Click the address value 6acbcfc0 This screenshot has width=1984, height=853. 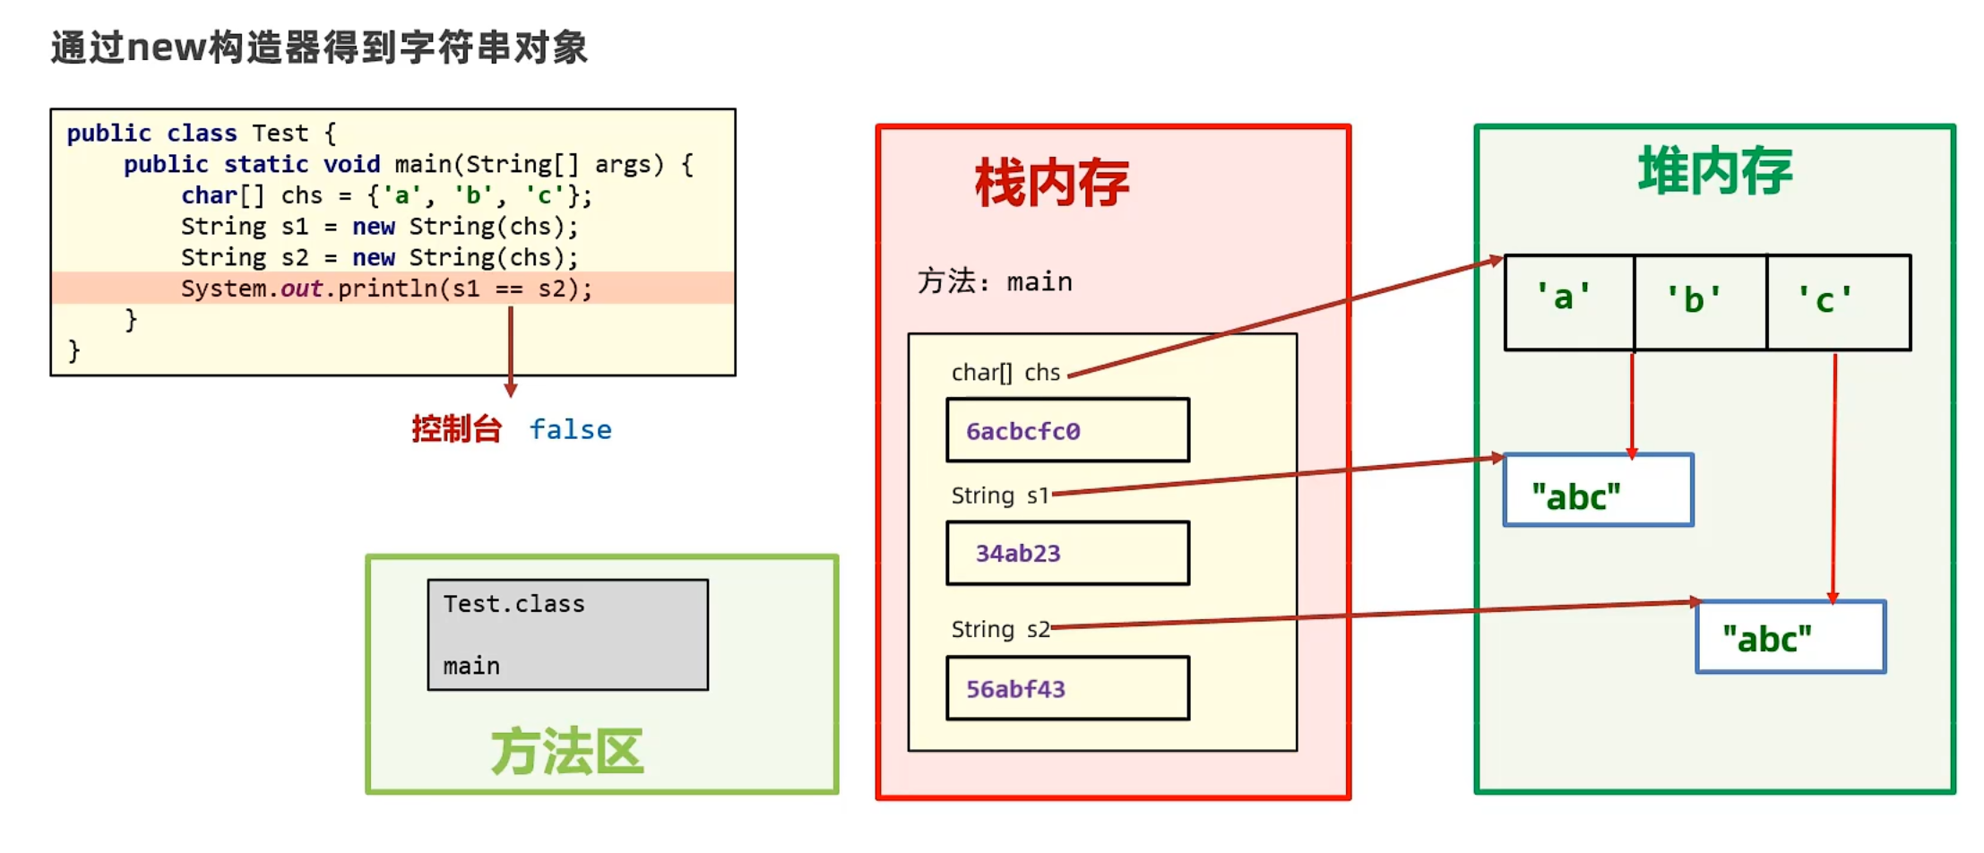point(1022,431)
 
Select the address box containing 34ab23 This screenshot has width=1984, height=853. point(1067,553)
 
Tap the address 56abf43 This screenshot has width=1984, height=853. point(1015,689)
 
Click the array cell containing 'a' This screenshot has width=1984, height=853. point(1567,302)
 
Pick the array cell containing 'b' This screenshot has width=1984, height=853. point(1699,302)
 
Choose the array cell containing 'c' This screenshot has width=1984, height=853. point(1836,302)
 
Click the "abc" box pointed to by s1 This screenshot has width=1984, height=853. point(1598,490)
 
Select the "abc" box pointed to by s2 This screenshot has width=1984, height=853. point(1790,637)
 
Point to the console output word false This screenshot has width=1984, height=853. point(570,430)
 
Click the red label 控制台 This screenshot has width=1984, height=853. point(456,429)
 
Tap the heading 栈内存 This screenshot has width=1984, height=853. point(1051,184)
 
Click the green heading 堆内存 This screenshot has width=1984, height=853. point(1714,170)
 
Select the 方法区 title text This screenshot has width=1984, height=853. point(566,751)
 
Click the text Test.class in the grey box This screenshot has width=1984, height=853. point(513,604)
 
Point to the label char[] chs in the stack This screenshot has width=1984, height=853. point(1005,373)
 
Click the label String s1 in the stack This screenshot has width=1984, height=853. point(999,495)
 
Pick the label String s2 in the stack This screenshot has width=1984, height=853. point(1000,629)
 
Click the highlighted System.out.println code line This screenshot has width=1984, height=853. point(386,289)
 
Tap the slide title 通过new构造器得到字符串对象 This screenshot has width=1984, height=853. point(319,47)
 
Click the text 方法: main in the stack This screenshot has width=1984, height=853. point(995,282)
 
